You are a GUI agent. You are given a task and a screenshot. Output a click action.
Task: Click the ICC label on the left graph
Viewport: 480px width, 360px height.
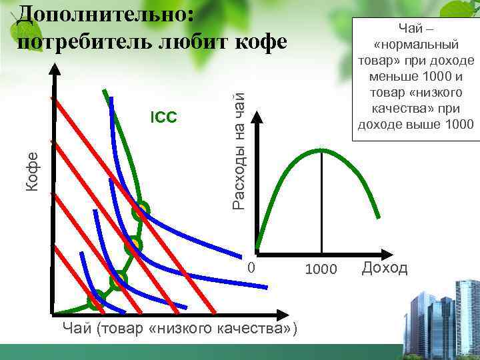163,118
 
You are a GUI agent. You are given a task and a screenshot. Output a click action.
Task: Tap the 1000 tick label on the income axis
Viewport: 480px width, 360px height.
321,269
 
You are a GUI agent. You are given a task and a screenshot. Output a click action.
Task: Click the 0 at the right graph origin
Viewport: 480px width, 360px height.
251,267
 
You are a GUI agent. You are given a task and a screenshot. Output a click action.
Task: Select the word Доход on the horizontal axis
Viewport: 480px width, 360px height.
385,268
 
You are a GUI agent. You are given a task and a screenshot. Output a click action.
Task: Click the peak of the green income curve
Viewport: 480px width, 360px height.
322,150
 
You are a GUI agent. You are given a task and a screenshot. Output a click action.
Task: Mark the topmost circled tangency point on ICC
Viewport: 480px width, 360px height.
140,211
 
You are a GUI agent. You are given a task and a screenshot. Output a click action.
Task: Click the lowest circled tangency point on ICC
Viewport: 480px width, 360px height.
98,296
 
